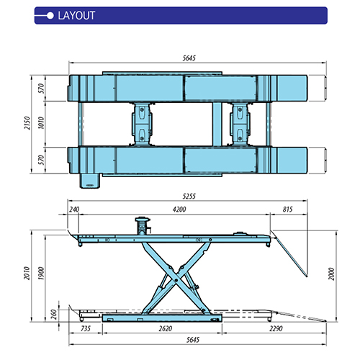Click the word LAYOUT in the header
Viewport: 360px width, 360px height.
pos(76,16)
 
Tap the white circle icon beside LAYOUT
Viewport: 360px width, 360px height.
pos(50,16)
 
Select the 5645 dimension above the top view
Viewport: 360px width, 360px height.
pos(189,58)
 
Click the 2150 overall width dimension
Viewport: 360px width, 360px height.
pos(27,123)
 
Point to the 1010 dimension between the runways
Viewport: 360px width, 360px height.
pos(41,123)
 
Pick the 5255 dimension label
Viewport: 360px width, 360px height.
pos(189,197)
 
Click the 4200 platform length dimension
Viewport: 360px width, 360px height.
pos(179,210)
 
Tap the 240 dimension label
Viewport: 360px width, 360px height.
pos(74,210)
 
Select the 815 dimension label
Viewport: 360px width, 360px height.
pos(287,210)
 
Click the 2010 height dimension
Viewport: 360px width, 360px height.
pos(27,273)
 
